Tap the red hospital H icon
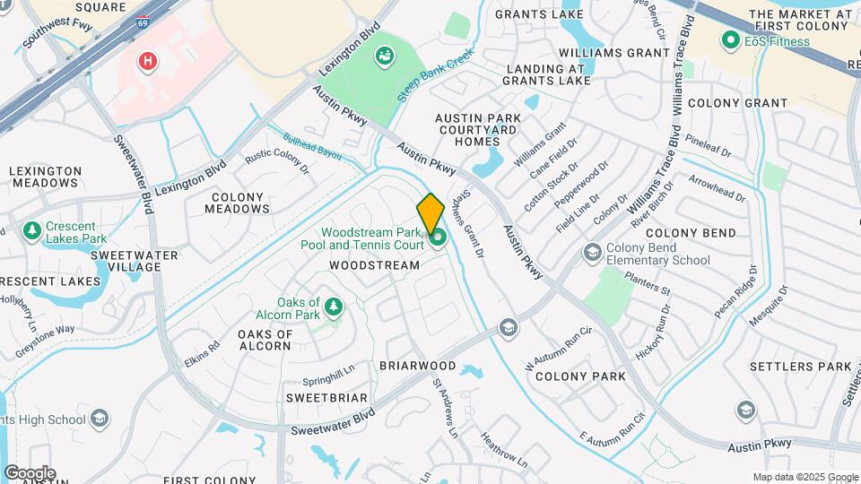click(x=146, y=61)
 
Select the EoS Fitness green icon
click(x=730, y=40)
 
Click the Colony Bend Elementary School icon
click(x=591, y=252)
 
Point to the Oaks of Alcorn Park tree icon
click(x=334, y=307)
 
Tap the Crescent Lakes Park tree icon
click(x=32, y=231)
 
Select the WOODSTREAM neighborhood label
click(x=374, y=265)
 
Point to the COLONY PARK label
click(x=580, y=376)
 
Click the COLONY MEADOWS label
click(x=237, y=203)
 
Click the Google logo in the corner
click(x=30, y=472)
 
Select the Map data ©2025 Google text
click(x=804, y=477)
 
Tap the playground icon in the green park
click(x=385, y=56)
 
